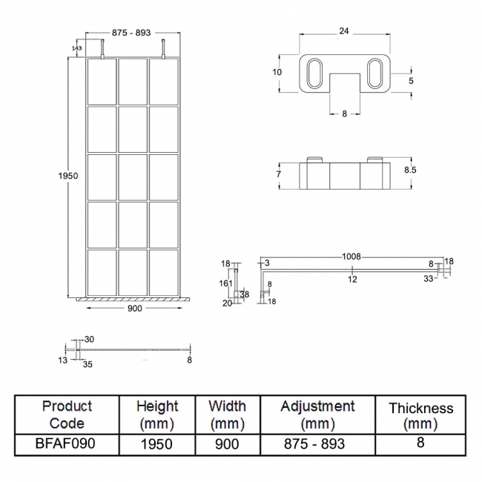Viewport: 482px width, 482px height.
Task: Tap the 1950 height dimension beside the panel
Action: (x=67, y=176)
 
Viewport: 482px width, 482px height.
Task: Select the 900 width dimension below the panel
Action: (x=133, y=308)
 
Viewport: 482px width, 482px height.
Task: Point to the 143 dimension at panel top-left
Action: (x=77, y=47)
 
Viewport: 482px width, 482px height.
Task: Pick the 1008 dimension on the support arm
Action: (x=351, y=257)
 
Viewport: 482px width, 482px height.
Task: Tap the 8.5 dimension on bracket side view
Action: (x=410, y=170)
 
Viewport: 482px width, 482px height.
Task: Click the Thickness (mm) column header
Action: (x=420, y=415)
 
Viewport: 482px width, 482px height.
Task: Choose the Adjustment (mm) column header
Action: (x=317, y=415)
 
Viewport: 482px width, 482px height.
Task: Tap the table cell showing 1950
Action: (x=157, y=443)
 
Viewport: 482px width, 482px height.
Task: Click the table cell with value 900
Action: (x=227, y=443)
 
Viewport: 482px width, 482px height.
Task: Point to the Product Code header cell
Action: (x=67, y=415)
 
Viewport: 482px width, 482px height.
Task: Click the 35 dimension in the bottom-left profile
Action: (x=88, y=365)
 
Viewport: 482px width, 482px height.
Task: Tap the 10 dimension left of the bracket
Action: (x=277, y=72)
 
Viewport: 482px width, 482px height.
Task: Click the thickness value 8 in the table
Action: (x=420, y=443)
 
